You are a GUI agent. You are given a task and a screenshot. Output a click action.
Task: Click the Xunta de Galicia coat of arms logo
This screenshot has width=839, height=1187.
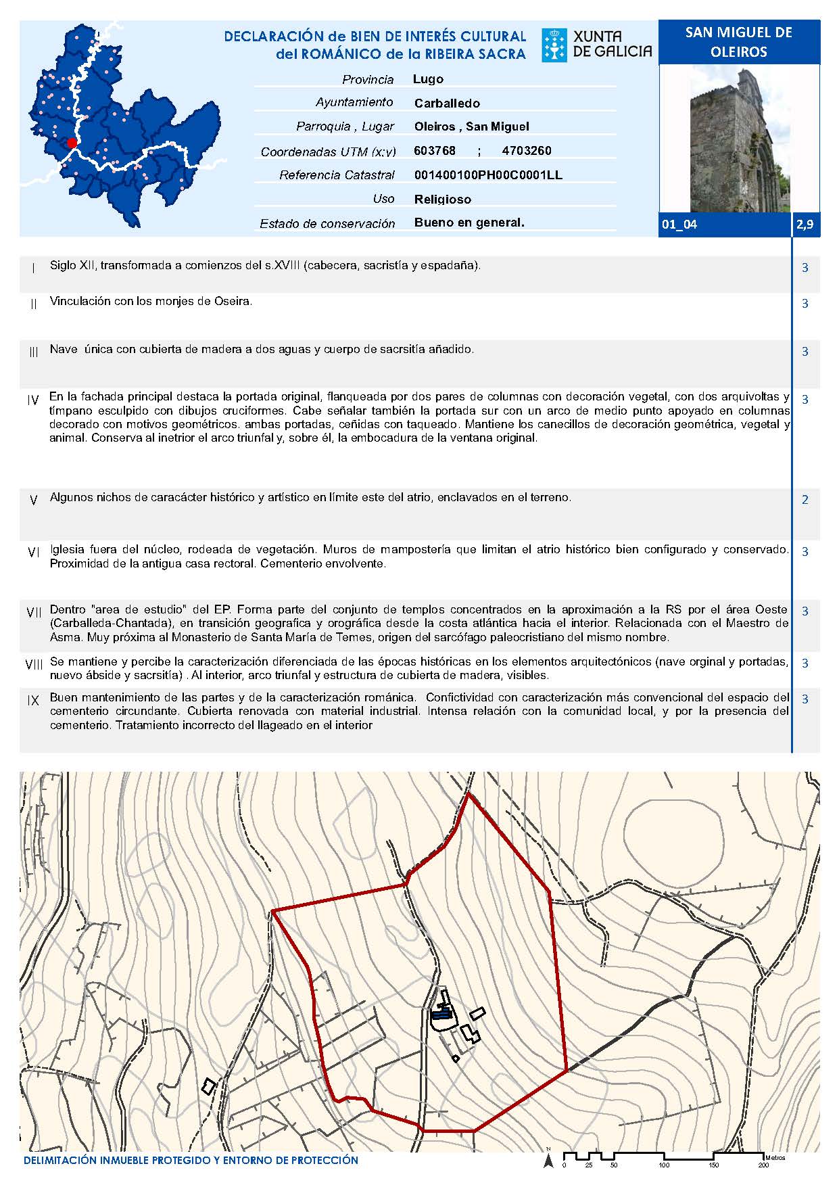[x=554, y=45]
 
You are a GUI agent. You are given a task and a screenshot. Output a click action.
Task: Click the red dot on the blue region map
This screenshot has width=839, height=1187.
[x=72, y=142]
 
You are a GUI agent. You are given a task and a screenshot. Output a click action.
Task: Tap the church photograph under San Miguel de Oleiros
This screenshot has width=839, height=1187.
[x=739, y=140]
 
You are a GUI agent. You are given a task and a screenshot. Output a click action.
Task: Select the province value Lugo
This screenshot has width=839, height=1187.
[x=428, y=79]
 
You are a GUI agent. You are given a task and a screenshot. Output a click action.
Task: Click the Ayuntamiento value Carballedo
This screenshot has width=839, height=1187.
[x=447, y=103]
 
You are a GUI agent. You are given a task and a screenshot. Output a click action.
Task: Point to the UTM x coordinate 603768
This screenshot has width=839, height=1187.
[x=435, y=151]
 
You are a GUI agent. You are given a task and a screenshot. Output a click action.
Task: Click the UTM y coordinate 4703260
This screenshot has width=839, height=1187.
[x=527, y=151]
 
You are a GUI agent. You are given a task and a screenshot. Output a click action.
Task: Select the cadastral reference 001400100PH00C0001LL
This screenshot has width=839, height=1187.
[x=488, y=175]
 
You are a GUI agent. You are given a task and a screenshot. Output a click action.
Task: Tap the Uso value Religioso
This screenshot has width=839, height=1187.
[x=443, y=200]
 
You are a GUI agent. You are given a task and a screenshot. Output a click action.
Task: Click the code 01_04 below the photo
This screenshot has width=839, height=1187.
[x=679, y=225]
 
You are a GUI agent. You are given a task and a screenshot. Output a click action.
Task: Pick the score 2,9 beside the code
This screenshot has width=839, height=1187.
[x=805, y=225]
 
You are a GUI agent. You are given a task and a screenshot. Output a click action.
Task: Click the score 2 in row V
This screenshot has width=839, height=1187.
[x=805, y=500]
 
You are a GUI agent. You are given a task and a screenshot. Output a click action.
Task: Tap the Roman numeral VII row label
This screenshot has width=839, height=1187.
[x=34, y=612]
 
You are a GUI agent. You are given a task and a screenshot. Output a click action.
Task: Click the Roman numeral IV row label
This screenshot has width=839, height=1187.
[x=33, y=400]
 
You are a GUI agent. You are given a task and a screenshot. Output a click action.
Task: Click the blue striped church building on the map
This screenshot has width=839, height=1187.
[x=441, y=1013]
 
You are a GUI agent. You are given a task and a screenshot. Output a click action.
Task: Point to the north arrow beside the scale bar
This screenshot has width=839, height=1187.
[x=548, y=1161]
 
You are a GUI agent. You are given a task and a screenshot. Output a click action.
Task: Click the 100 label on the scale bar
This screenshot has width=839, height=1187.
[x=664, y=1165]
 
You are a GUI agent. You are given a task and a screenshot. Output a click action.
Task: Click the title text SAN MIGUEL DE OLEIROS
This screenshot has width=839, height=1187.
[x=738, y=42]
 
